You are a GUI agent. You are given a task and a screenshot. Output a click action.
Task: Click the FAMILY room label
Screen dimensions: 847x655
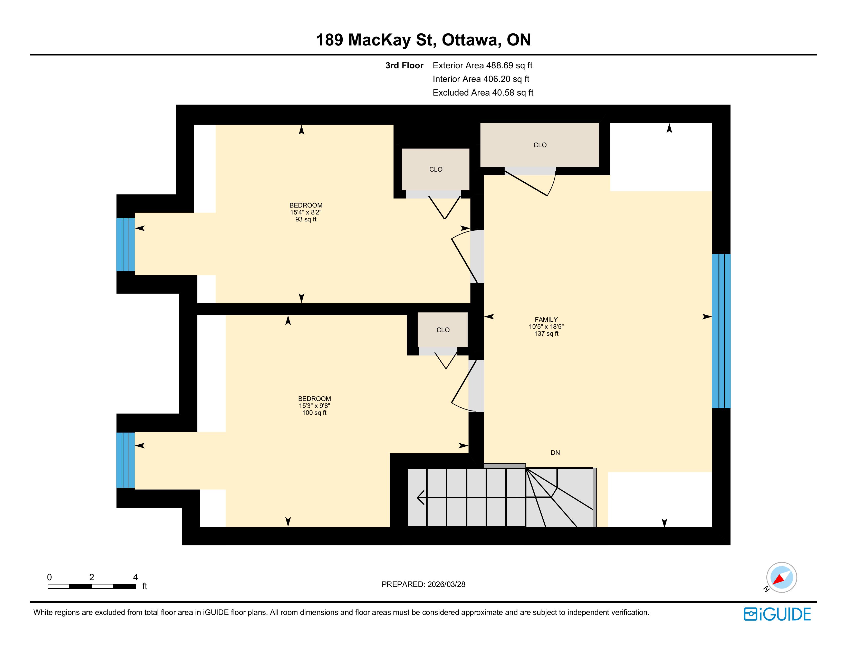[x=546, y=320]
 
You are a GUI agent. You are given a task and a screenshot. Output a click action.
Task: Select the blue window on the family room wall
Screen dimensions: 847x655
[x=721, y=331]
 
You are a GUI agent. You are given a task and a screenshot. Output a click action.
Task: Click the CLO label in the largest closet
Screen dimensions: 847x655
[x=540, y=145]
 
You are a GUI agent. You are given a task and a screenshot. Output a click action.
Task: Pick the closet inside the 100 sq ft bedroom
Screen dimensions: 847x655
[x=443, y=330]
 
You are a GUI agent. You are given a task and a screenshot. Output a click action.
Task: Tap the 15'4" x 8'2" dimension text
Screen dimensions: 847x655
[x=306, y=212]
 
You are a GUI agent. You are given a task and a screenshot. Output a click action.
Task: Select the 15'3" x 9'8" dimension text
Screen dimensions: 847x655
[x=314, y=406]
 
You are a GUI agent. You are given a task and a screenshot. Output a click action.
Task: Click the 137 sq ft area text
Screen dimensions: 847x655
[x=546, y=334]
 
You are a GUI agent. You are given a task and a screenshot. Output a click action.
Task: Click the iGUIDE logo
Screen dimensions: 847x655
[x=777, y=614]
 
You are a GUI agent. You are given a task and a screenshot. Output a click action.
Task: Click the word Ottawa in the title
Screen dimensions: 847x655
[x=469, y=40]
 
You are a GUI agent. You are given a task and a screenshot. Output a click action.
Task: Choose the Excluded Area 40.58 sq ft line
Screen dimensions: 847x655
[x=483, y=93]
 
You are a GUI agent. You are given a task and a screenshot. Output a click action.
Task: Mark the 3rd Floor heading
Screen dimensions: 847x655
[x=404, y=65]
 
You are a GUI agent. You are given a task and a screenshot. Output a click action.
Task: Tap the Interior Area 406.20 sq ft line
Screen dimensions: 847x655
[x=481, y=79]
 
